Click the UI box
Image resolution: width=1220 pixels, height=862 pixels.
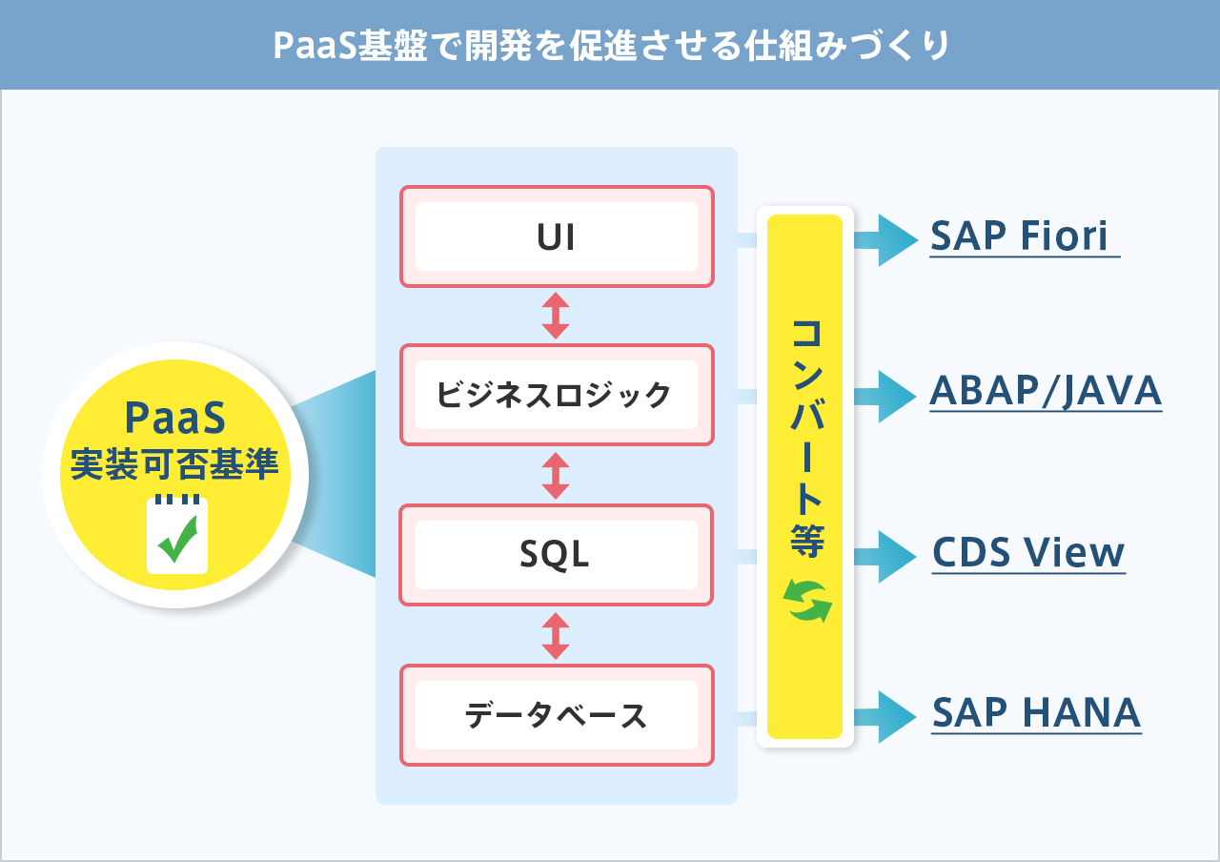(x=557, y=236)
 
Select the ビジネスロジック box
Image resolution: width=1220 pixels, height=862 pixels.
(x=557, y=395)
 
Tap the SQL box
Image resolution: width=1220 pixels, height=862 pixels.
(x=557, y=555)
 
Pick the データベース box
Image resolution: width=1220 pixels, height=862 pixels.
(x=557, y=715)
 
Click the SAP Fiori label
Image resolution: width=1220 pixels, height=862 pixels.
(x=1019, y=236)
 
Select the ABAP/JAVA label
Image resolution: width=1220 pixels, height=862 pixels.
(x=1046, y=391)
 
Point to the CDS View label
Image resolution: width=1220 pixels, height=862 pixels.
(x=1028, y=552)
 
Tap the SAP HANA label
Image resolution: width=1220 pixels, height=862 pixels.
(x=1036, y=712)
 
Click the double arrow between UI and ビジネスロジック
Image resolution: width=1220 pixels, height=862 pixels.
(x=556, y=316)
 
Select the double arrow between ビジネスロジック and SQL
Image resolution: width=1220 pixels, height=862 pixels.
(x=556, y=476)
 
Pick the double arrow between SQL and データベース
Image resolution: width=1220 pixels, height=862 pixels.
(x=556, y=636)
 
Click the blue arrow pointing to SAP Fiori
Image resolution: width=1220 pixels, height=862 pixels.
(x=885, y=240)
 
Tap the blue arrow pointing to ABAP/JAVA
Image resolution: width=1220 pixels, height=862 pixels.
(x=885, y=397)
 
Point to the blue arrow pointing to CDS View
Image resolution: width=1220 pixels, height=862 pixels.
(x=885, y=557)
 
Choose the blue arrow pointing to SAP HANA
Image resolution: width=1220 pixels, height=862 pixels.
(x=885, y=717)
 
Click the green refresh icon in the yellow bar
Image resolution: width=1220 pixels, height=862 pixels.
(x=807, y=601)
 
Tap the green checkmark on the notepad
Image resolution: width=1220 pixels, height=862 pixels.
(x=178, y=539)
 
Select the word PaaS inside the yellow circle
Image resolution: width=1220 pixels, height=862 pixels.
(x=174, y=418)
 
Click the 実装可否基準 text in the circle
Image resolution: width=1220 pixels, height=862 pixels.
(x=174, y=463)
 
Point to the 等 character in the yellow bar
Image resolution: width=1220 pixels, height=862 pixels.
(x=806, y=541)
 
